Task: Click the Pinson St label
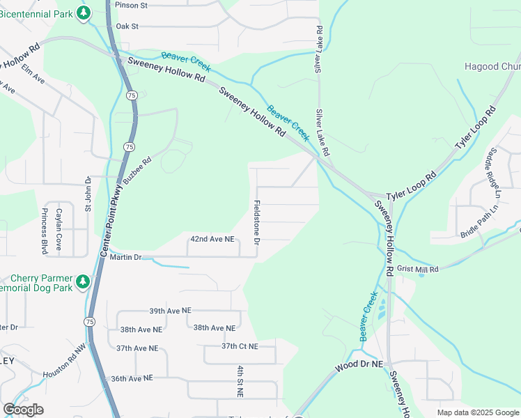point(132,6)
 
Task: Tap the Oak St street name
point(127,26)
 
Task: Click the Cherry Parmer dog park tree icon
point(83,281)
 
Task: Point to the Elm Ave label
point(33,75)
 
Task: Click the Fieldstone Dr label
point(257,222)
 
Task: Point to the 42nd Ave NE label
point(212,239)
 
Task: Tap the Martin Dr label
point(127,258)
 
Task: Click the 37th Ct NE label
point(240,346)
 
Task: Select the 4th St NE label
point(240,380)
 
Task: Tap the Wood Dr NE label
point(358,364)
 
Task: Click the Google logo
point(23,410)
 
